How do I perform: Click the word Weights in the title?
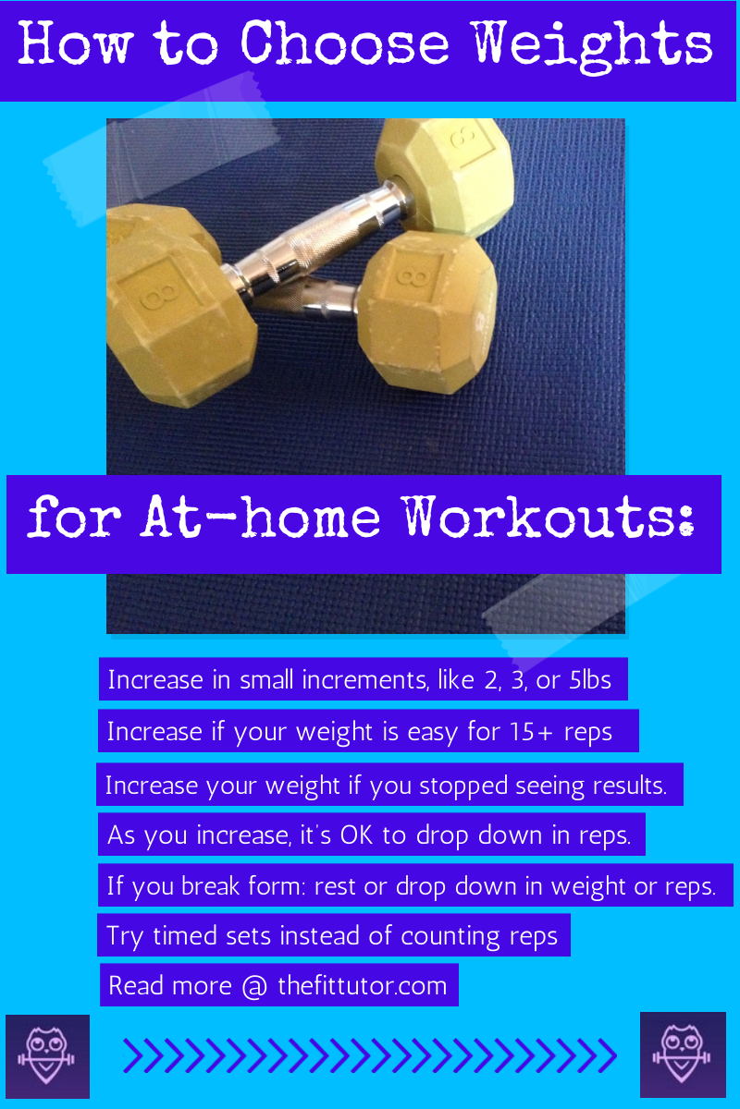tap(593, 47)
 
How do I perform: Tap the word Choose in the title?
tap(345, 43)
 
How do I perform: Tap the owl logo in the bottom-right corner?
tap(683, 1054)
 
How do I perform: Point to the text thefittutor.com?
tap(363, 985)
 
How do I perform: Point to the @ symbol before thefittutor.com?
tap(254, 986)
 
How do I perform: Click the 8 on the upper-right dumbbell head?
tap(463, 136)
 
